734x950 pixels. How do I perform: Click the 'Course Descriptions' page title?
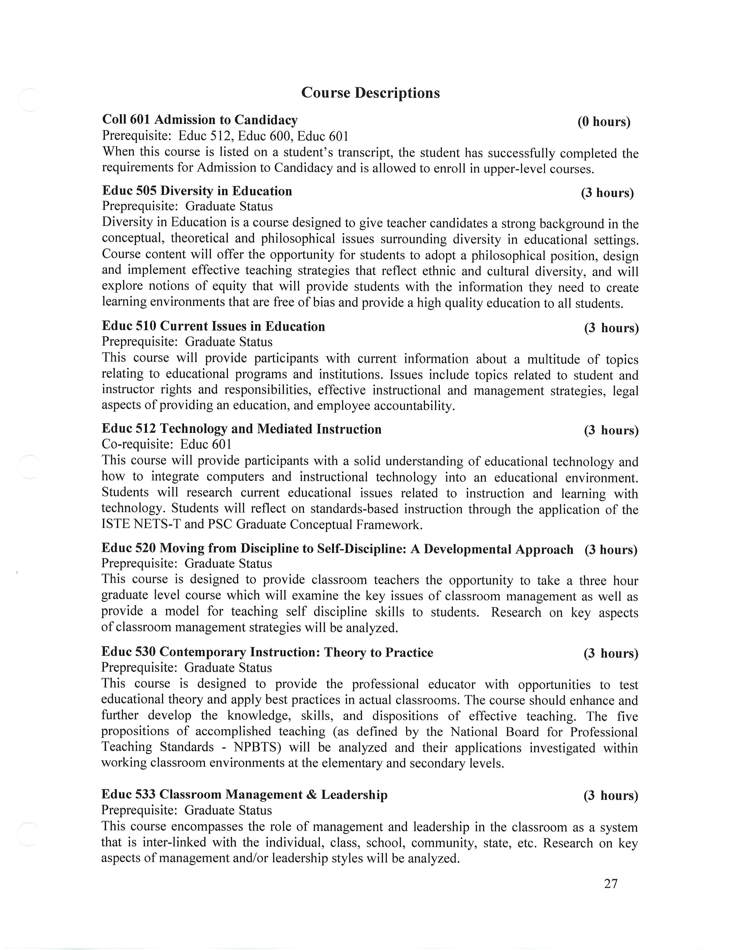(x=370, y=93)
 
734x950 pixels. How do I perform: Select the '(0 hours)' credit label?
(x=604, y=122)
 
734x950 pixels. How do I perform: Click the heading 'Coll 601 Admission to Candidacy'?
(x=199, y=120)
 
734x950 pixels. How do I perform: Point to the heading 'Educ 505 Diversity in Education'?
(x=197, y=191)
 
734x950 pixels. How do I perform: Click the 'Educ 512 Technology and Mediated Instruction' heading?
(x=241, y=429)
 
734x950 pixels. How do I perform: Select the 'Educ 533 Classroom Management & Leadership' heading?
(x=244, y=795)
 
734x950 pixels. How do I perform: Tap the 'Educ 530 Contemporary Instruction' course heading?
(x=267, y=652)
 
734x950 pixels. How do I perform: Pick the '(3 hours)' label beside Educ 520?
(x=611, y=550)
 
